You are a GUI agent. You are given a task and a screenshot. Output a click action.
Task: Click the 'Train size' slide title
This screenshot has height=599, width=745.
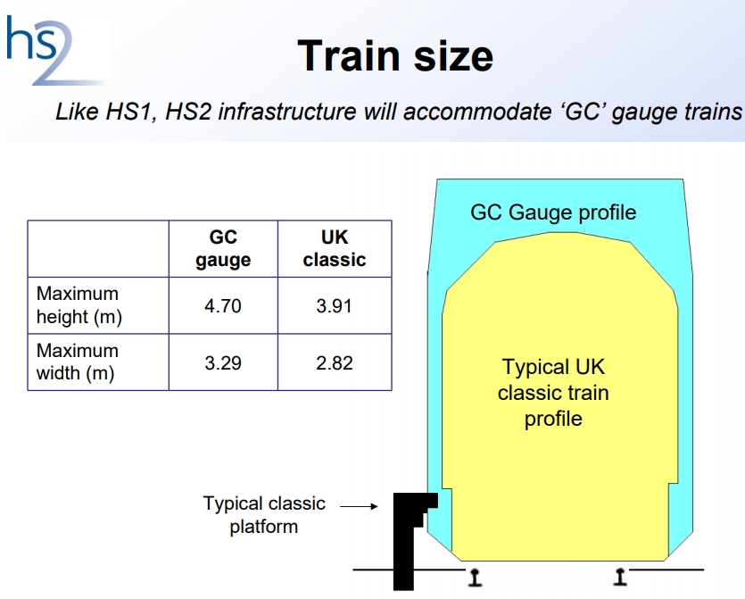coord(395,56)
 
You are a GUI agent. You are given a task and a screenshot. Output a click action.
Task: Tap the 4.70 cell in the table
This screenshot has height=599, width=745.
coord(223,305)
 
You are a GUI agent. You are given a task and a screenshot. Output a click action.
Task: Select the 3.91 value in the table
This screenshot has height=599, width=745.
coord(335,305)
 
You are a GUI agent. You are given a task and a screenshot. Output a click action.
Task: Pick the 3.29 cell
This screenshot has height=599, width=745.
coord(223,362)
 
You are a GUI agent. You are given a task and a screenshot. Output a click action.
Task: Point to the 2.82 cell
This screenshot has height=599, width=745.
coord(335,362)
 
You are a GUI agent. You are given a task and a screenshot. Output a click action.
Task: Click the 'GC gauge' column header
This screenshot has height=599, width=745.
coord(223,249)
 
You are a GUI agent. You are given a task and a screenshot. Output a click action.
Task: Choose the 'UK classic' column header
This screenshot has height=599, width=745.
coord(335,248)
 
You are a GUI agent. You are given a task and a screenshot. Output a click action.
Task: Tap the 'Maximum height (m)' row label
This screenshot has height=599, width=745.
coord(79,305)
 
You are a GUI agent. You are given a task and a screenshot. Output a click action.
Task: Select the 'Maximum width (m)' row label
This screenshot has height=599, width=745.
coord(77,362)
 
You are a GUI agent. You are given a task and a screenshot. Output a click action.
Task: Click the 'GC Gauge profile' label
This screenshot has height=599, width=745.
coord(553,212)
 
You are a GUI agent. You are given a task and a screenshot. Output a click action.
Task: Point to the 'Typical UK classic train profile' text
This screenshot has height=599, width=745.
coord(553,393)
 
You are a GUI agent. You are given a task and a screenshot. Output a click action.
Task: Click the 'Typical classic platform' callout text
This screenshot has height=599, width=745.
coord(264,515)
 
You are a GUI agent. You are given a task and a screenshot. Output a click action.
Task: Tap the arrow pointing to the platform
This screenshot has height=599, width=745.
coord(359,506)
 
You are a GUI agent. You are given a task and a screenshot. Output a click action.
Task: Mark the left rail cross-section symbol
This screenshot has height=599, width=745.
coord(475,577)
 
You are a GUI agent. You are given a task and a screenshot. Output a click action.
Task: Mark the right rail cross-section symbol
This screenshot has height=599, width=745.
coord(620,577)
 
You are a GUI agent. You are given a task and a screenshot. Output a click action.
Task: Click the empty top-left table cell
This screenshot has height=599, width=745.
coord(98,249)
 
